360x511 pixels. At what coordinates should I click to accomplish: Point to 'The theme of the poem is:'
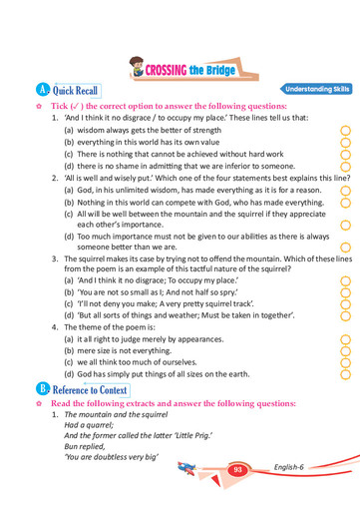pyautogui.click(x=120, y=326)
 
